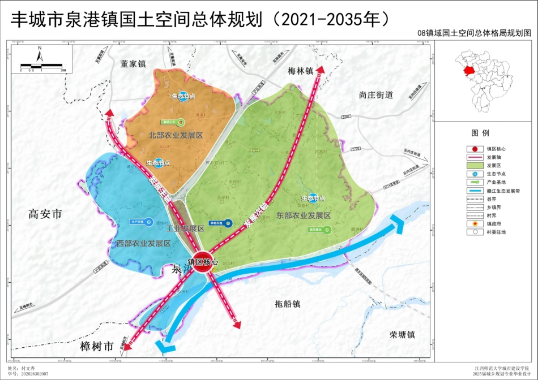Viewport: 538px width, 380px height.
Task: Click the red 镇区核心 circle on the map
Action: point(203,262)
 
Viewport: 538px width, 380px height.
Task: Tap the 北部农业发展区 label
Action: point(176,136)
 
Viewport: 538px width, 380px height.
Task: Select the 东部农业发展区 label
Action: point(303,215)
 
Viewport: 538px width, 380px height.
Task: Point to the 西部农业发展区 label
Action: point(144,243)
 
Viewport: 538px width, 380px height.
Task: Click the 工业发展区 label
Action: point(185,228)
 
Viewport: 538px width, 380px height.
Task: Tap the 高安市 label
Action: point(45,214)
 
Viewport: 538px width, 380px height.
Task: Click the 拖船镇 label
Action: point(288,304)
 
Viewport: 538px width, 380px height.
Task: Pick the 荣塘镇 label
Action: point(402,334)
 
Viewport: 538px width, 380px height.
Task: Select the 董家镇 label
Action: point(133,64)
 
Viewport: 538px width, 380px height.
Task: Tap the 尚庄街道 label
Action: point(375,94)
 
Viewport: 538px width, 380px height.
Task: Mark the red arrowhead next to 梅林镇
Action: point(320,69)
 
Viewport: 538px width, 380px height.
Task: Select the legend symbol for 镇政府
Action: point(459,224)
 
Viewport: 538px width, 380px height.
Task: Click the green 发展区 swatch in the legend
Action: point(459,165)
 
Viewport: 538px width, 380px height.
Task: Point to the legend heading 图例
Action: point(480,133)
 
